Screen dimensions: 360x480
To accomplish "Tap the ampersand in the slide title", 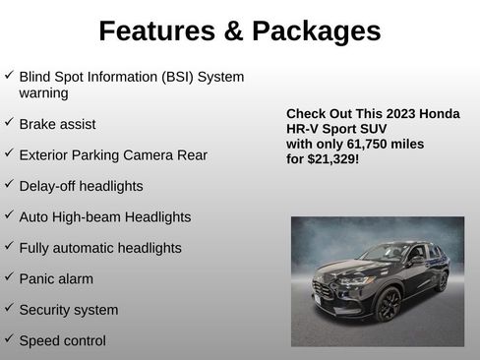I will coord(233,31).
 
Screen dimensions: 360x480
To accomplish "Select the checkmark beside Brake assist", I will coord(9,123).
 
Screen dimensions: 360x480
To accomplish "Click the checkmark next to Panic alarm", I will coord(9,277).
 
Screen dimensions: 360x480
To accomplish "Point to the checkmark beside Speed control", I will coord(9,339).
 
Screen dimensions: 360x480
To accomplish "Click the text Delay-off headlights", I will coord(81,186).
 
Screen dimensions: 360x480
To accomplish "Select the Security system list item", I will coord(69,310).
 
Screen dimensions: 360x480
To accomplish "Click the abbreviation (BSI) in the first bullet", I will coord(168,77).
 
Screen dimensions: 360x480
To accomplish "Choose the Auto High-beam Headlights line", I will coord(105,217).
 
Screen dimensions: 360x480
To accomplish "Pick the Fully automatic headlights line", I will coord(100,248).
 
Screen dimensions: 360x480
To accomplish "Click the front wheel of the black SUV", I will coord(388,304).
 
